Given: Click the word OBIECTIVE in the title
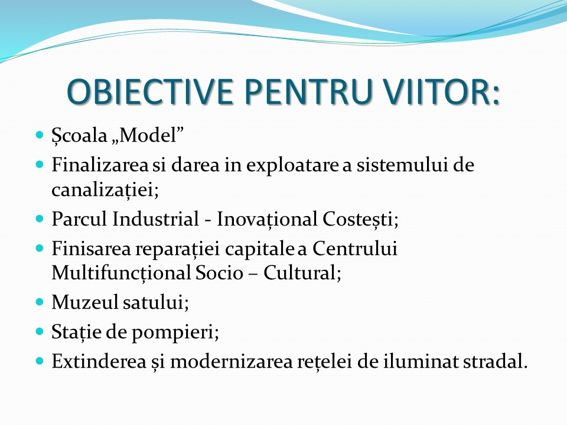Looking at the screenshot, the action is click(x=149, y=91).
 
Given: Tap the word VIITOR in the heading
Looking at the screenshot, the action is click(x=436, y=91).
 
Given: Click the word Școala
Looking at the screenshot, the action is click(x=80, y=136).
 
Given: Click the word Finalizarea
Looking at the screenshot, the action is click(x=100, y=165).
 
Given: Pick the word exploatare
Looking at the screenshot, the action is click(x=292, y=166).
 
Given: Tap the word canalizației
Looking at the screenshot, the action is click(x=105, y=189).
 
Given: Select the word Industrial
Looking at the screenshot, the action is click(x=155, y=218).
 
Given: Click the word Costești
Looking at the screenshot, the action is click(x=360, y=220).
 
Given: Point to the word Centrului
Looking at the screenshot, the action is click(x=355, y=249).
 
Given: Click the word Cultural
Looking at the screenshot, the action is click(x=302, y=273).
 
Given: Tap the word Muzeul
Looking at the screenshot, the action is click(x=85, y=302).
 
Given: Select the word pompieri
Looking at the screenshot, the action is click(x=175, y=332).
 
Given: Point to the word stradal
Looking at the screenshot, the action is click(x=495, y=361).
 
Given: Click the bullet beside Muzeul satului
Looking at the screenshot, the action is click(x=40, y=302).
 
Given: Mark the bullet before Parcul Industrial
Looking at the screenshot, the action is click(x=40, y=218).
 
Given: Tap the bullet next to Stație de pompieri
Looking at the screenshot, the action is click(x=40, y=331).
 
